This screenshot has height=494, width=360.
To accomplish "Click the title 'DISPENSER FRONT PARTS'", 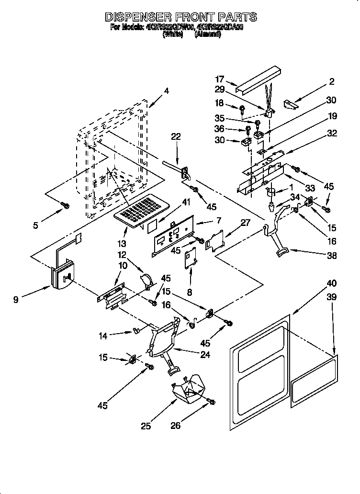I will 180,17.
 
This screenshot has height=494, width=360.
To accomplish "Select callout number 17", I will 219,80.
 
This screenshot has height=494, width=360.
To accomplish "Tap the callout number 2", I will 331,82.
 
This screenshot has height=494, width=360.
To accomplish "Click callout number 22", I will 176,137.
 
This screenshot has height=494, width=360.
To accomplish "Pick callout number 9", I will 17,301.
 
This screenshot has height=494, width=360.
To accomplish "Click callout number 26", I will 176,425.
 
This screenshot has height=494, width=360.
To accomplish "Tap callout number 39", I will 331,297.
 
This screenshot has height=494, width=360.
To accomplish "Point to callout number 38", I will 331,256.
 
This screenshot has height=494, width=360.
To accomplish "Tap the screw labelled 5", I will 66,205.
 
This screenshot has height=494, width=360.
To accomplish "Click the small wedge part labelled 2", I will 291,103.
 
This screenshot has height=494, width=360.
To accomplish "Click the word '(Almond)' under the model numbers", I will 208,34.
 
